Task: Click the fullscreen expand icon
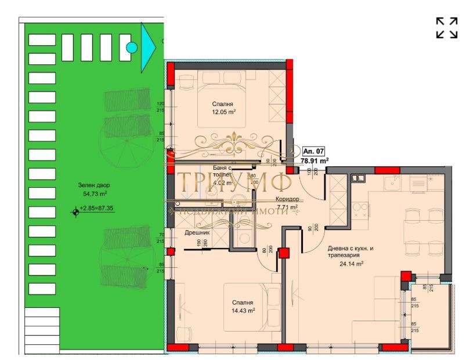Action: tap(446, 28)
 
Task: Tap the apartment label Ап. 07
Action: tap(313, 151)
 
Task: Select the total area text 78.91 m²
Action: tap(314, 161)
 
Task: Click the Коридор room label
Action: tap(287, 198)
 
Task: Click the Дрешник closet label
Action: tap(197, 232)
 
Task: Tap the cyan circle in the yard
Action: tap(132, 48)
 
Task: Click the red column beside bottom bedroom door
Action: tap(283, 253)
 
